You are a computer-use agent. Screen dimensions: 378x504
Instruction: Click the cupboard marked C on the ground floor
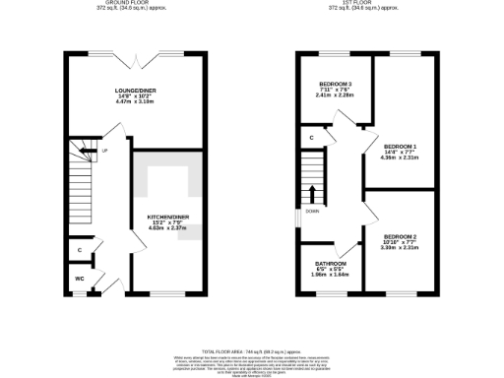pyautogui.click(x=80, y=251)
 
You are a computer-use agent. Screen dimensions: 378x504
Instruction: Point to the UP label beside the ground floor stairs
pyautogui.click(x=103, y=152)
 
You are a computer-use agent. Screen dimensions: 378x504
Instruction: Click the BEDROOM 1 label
pyautogui.click(x=401, y=147)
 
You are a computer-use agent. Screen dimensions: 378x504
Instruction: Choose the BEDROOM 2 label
pyautogui.click(x=401, y=236)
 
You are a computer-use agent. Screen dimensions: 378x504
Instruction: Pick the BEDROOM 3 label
pyautogui.click(x=335, y=84)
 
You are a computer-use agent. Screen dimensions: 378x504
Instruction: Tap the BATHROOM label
pyautogui.click(x=331, y=263)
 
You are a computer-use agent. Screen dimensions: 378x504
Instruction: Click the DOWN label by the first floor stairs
pyautogui.click(x=312, y=211)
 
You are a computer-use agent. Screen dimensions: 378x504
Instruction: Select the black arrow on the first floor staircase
pyautogui.click(x=314, y=192)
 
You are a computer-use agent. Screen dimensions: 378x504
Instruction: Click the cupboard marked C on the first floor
pyautogui.click(x=311, y=137)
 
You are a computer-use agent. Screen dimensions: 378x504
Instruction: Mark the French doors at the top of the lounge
pyautogui.click(x=136, y=54)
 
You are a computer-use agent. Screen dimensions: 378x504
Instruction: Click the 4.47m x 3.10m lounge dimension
pyautogui.click(x=137, y=101)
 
